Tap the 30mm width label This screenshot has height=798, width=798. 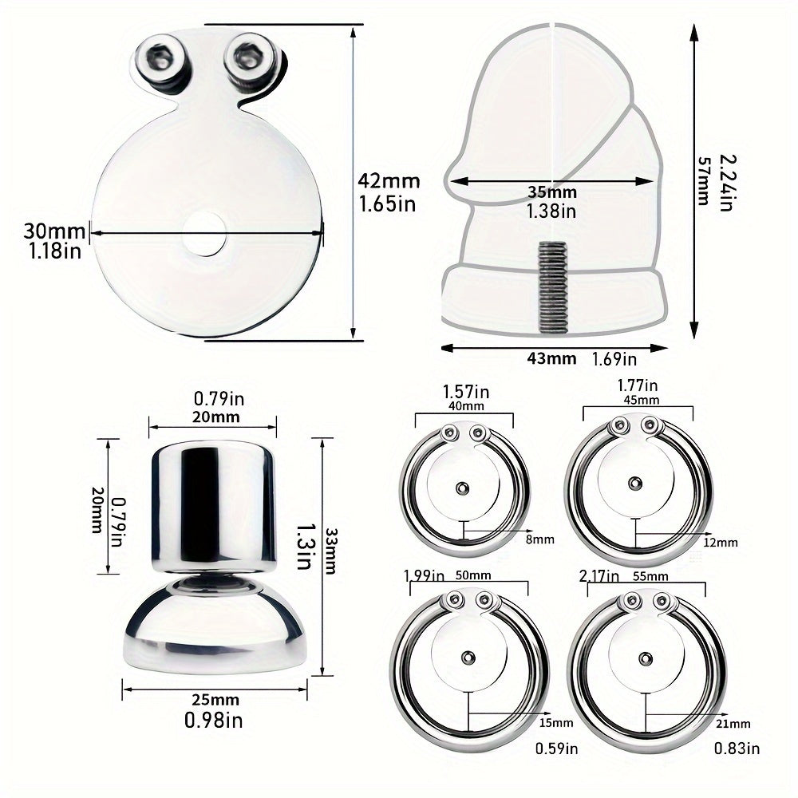click(x=53, y=231)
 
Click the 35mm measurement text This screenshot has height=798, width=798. click(x=551, y=192)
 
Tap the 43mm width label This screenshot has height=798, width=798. click(x=551, y=359)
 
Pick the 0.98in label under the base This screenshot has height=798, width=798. click(x=215, y=721)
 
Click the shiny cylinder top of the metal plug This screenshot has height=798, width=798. click(x=213, y=503)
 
